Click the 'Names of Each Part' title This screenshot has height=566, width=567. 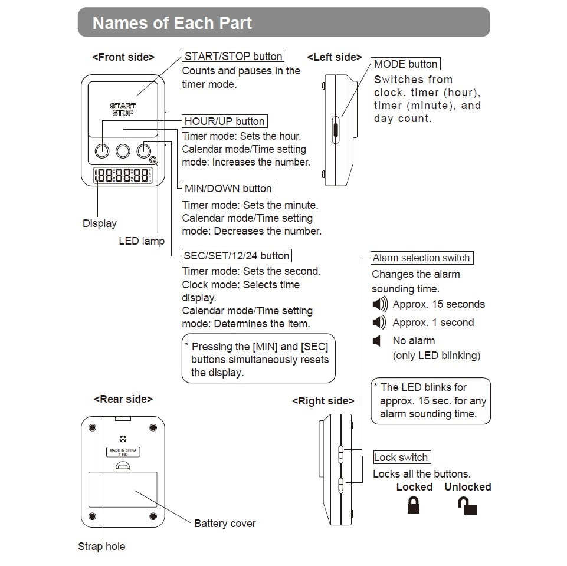coord(172,23)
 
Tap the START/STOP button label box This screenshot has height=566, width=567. coord(233,57)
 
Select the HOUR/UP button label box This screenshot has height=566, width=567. coord(225,121)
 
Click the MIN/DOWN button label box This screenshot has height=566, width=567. coord(228,189)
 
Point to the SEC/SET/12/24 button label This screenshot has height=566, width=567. coord(237,256)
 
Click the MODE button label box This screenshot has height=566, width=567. coord(406,64)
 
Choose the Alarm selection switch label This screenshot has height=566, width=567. coord(421,258)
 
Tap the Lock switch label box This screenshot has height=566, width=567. coord(401,458)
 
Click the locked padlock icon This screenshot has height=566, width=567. coord(414,505)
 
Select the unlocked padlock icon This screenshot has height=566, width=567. coord(468,505)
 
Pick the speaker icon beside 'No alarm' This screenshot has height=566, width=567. coord(376,341)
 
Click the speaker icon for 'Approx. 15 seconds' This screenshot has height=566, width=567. coord(380,304)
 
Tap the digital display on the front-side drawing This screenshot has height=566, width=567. coord(123,175)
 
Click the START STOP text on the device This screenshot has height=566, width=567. coord(123,109)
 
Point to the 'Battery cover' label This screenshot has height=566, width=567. coord(225,524)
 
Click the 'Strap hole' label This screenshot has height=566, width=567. coord(101,547)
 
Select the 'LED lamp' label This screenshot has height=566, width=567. coord(142,241)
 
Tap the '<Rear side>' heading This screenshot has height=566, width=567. coord(123,399)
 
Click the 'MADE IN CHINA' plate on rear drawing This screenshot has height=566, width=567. coord(123,453)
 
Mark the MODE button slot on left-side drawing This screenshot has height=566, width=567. coord(335,129)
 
